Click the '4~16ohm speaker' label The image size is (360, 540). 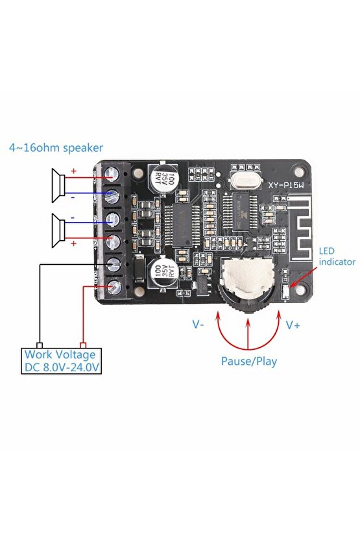tap(56, 148)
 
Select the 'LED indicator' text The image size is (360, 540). tap(336, 256)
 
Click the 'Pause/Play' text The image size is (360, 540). tap(248, 361)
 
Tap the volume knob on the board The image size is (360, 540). tap(248, 281)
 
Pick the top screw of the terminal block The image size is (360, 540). tap(113, 173)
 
